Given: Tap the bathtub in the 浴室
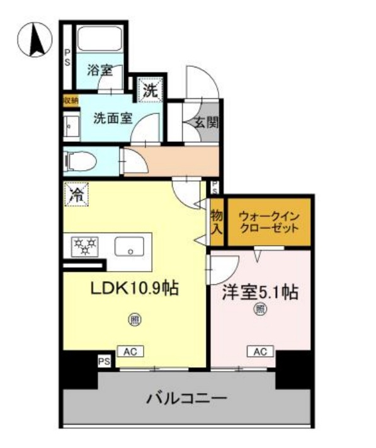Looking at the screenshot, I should point(101,41).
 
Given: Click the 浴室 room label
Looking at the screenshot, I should point(100,71).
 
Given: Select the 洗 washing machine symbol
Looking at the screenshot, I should point(149,90).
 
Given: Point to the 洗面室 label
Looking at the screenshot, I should point(113,117).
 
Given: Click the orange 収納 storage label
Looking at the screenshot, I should point(71,100).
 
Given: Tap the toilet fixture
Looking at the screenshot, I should point(80,161).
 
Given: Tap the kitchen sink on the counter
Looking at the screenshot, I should point(131,245).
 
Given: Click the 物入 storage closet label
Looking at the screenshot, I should point(216,222).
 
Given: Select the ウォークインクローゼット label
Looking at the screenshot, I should point(269,222).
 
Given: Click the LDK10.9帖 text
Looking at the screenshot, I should point(135,289).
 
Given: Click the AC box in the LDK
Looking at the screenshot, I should point(131,352).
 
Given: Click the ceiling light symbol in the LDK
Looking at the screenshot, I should point(134,320).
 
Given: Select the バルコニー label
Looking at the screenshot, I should point(187,398).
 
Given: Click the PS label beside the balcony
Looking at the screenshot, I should point(103,361).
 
